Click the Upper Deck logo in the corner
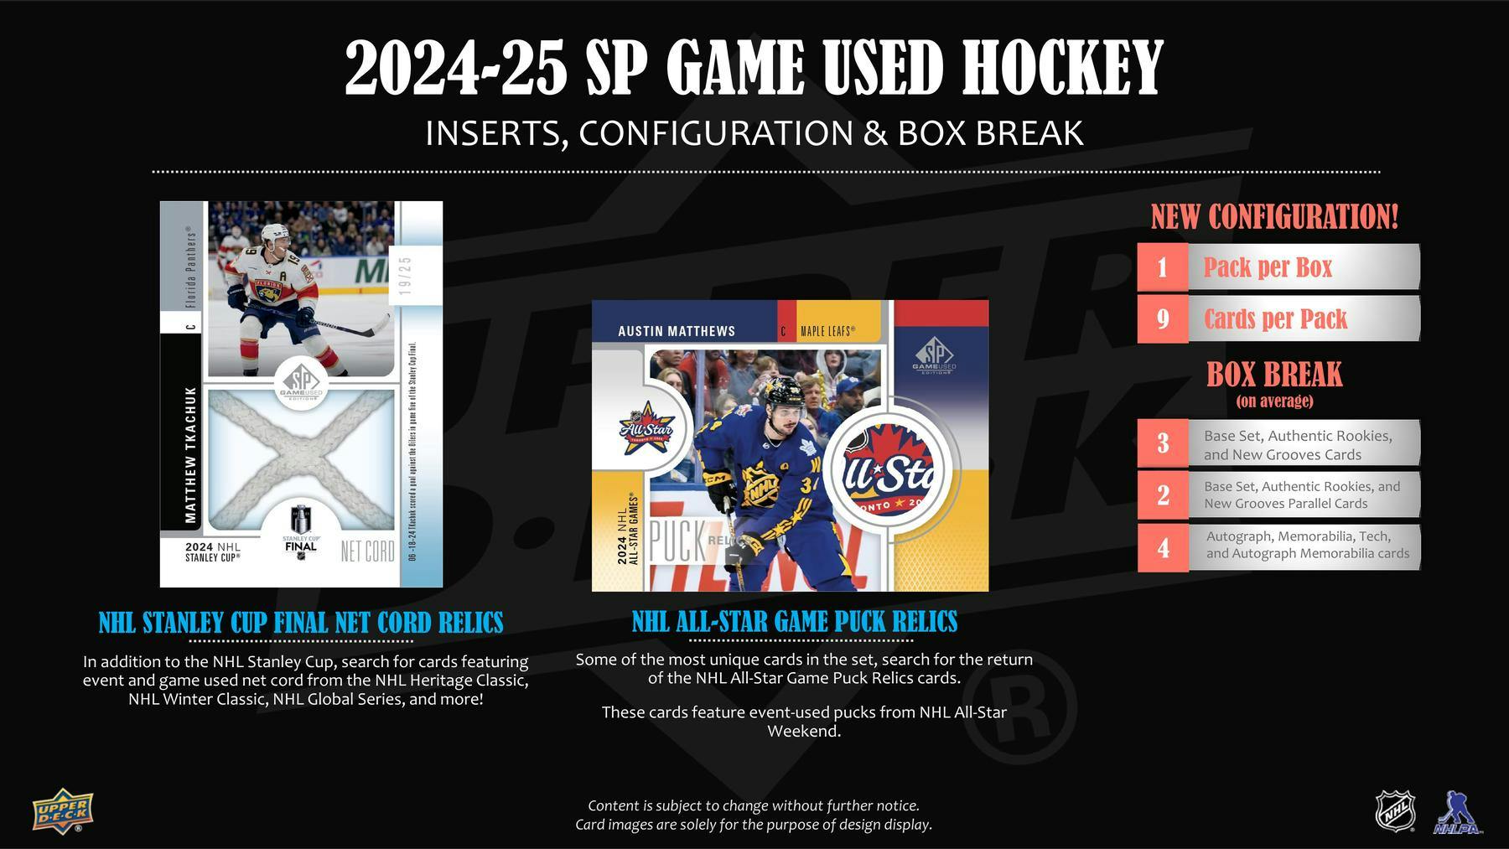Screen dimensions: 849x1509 (63, 812)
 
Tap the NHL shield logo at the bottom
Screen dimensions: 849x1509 (1395, 810)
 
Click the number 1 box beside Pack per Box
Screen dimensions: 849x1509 (1162, 267)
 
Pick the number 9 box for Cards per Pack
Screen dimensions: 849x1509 (1162, 318)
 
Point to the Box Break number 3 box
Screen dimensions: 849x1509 (1162, 443)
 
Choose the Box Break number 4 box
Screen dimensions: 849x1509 (1162, 547)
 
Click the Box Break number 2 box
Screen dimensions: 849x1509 (1162, 495)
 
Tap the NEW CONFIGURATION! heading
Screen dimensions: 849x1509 (1274, 217)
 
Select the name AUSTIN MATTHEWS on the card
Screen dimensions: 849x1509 (677, 331)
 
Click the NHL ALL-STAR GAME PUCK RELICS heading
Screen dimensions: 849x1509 (794, 622)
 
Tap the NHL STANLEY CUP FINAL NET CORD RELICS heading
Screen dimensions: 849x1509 (301, 624)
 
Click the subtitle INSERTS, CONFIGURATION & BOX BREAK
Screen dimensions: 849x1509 (754, 133)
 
